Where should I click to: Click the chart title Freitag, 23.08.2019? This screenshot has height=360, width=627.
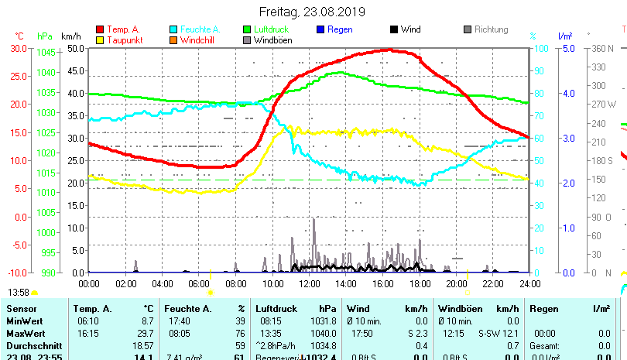point(313,12)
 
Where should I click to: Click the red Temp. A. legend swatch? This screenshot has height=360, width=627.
point(100,29)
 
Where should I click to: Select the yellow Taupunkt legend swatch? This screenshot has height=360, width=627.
point(100,39)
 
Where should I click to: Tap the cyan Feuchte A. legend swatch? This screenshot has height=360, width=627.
point(174,29)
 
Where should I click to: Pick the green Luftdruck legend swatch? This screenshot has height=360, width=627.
point(248,29)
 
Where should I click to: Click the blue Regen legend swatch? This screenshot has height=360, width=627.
point(320,29)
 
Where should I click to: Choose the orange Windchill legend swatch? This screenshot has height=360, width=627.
point(174,39)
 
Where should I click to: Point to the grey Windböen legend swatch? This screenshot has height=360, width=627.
point(248,39)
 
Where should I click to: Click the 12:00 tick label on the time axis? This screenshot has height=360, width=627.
point(309,284)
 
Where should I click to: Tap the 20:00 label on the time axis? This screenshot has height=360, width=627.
point(456,284)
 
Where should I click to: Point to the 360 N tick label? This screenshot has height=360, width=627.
point(603,48)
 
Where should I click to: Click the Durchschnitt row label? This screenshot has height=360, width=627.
point(33,345)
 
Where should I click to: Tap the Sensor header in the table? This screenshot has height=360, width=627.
point(21,309)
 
